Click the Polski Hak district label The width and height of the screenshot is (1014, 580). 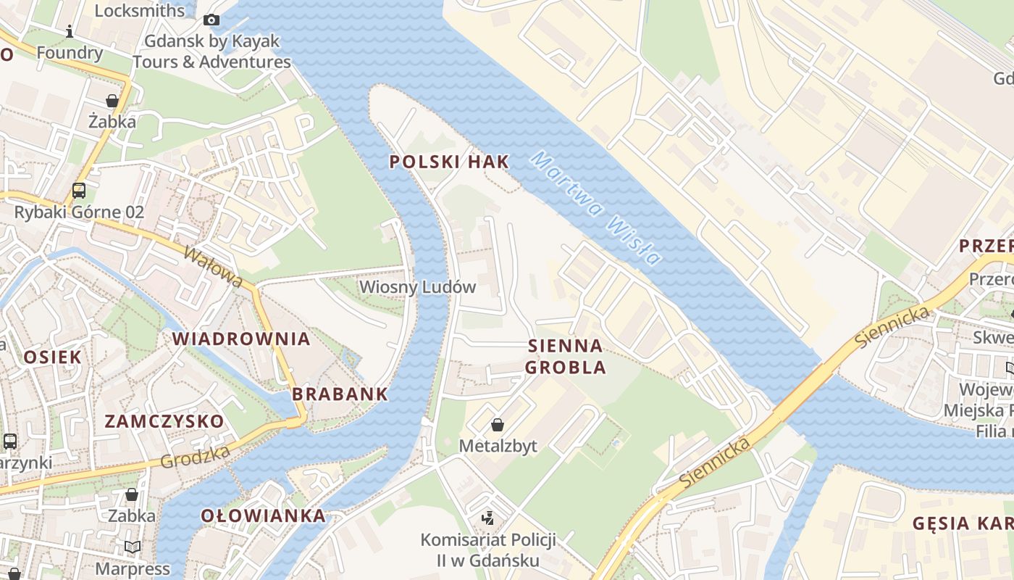coord(449,162)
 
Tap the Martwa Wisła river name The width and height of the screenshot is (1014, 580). coord(595,207)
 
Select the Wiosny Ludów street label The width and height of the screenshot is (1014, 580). coord(417,287)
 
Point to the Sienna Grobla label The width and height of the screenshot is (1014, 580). coord(566,356)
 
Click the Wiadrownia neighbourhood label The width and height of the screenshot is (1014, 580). coord(241,339)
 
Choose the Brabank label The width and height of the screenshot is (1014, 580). coord(340,394)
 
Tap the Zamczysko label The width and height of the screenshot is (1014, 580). coord(164,421)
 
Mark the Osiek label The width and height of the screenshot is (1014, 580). coord(53,357)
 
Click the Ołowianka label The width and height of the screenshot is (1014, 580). coord(263,515)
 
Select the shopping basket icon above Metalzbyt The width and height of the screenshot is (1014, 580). coord(498,424)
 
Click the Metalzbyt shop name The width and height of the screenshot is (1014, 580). coord(498,446)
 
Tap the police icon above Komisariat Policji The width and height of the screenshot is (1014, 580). coord(488,518)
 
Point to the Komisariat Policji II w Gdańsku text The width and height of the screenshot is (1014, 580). coord(488,550)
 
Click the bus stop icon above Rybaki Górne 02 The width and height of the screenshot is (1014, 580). coord(79,191)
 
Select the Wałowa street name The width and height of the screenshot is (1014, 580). coord(214,267)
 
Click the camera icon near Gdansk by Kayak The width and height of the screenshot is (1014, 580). coord(211,20)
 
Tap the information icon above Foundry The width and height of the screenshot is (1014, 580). coord(70,31)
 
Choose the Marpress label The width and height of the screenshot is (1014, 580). coord(133,569)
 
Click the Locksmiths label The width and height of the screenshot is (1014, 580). coord(140,10)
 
